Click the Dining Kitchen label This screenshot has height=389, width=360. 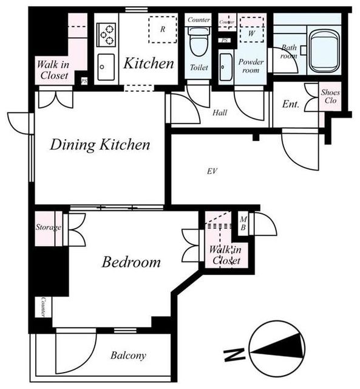click(x=100, y=145)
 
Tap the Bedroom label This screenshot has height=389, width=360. click(x=131, y=262)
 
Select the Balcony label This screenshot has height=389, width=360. click(x=128, y=356)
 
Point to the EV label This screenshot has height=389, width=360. click(x=212, y=171)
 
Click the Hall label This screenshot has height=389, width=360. click(x=220, y=112)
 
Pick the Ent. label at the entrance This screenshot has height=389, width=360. click(x=291, y=104)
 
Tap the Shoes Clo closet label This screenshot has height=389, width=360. click(x=330, y=97)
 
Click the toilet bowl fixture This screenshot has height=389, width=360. click(x=199, y=41)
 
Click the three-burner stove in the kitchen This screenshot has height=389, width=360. click(x=106, y=35)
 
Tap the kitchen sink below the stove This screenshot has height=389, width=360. click(x=106, y=67)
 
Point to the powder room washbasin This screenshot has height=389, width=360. click(x=226, y=67)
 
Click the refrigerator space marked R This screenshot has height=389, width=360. click(x=163, y=30)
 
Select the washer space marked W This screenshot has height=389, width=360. click(x=251, y=30)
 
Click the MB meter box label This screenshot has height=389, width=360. click(x=243, y=223)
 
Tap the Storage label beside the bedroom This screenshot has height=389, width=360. click(x=49, y=227)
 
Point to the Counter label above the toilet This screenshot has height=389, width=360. click(x=199, y=19)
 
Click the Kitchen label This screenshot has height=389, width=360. click(x=149, y=63)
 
